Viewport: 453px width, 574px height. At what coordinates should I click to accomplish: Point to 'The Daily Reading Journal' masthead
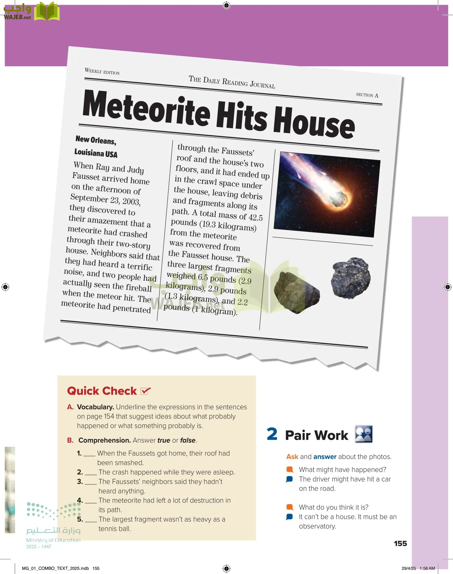[x=232, y=82]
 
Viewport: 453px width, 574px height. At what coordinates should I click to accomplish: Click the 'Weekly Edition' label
[x=102, y=71]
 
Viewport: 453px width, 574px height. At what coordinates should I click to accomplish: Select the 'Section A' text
[x=367, y=95]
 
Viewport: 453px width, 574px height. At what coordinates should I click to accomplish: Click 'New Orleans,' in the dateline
[x=96, y=140]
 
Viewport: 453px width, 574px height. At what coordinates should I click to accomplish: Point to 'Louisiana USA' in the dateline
[x=96, y=153]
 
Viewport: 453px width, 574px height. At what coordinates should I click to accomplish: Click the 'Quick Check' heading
[x=102, y=391]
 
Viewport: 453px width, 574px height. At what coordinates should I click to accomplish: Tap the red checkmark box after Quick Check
[x=145, y=391]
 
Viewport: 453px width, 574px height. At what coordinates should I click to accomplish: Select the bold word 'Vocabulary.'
[x=95, y=407]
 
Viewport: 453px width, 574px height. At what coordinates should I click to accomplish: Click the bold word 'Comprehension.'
[x=105, y=440]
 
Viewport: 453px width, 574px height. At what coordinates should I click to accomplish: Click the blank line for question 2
[x=91, y=474]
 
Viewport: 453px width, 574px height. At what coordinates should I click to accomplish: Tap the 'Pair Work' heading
[x=316, y=435]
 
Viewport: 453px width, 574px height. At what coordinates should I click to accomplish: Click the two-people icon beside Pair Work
[x=364, y=434]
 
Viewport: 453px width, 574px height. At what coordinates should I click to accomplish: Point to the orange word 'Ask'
[x=292, y=457]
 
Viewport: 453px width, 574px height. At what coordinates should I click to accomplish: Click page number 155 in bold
[x=400, y=543]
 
